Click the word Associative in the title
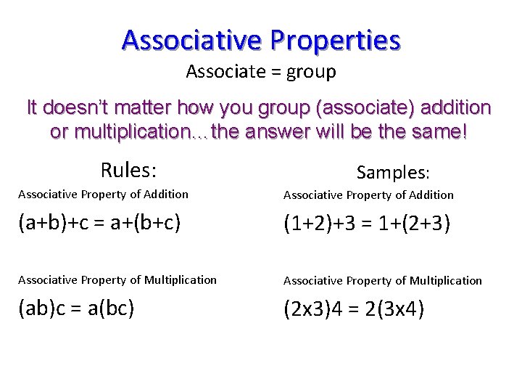pyautogui.click(x=191, y=40)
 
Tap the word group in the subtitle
pyautogui.click(x=311, y=72)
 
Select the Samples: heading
pyautogui.click(x=393, y=172)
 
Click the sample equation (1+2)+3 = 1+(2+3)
pyautogui.click(x=366, y=224)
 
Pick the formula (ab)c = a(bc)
pyautogui.click(x=76, y=309)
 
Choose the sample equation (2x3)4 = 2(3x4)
pyautogui.click(x=353, y=309)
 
